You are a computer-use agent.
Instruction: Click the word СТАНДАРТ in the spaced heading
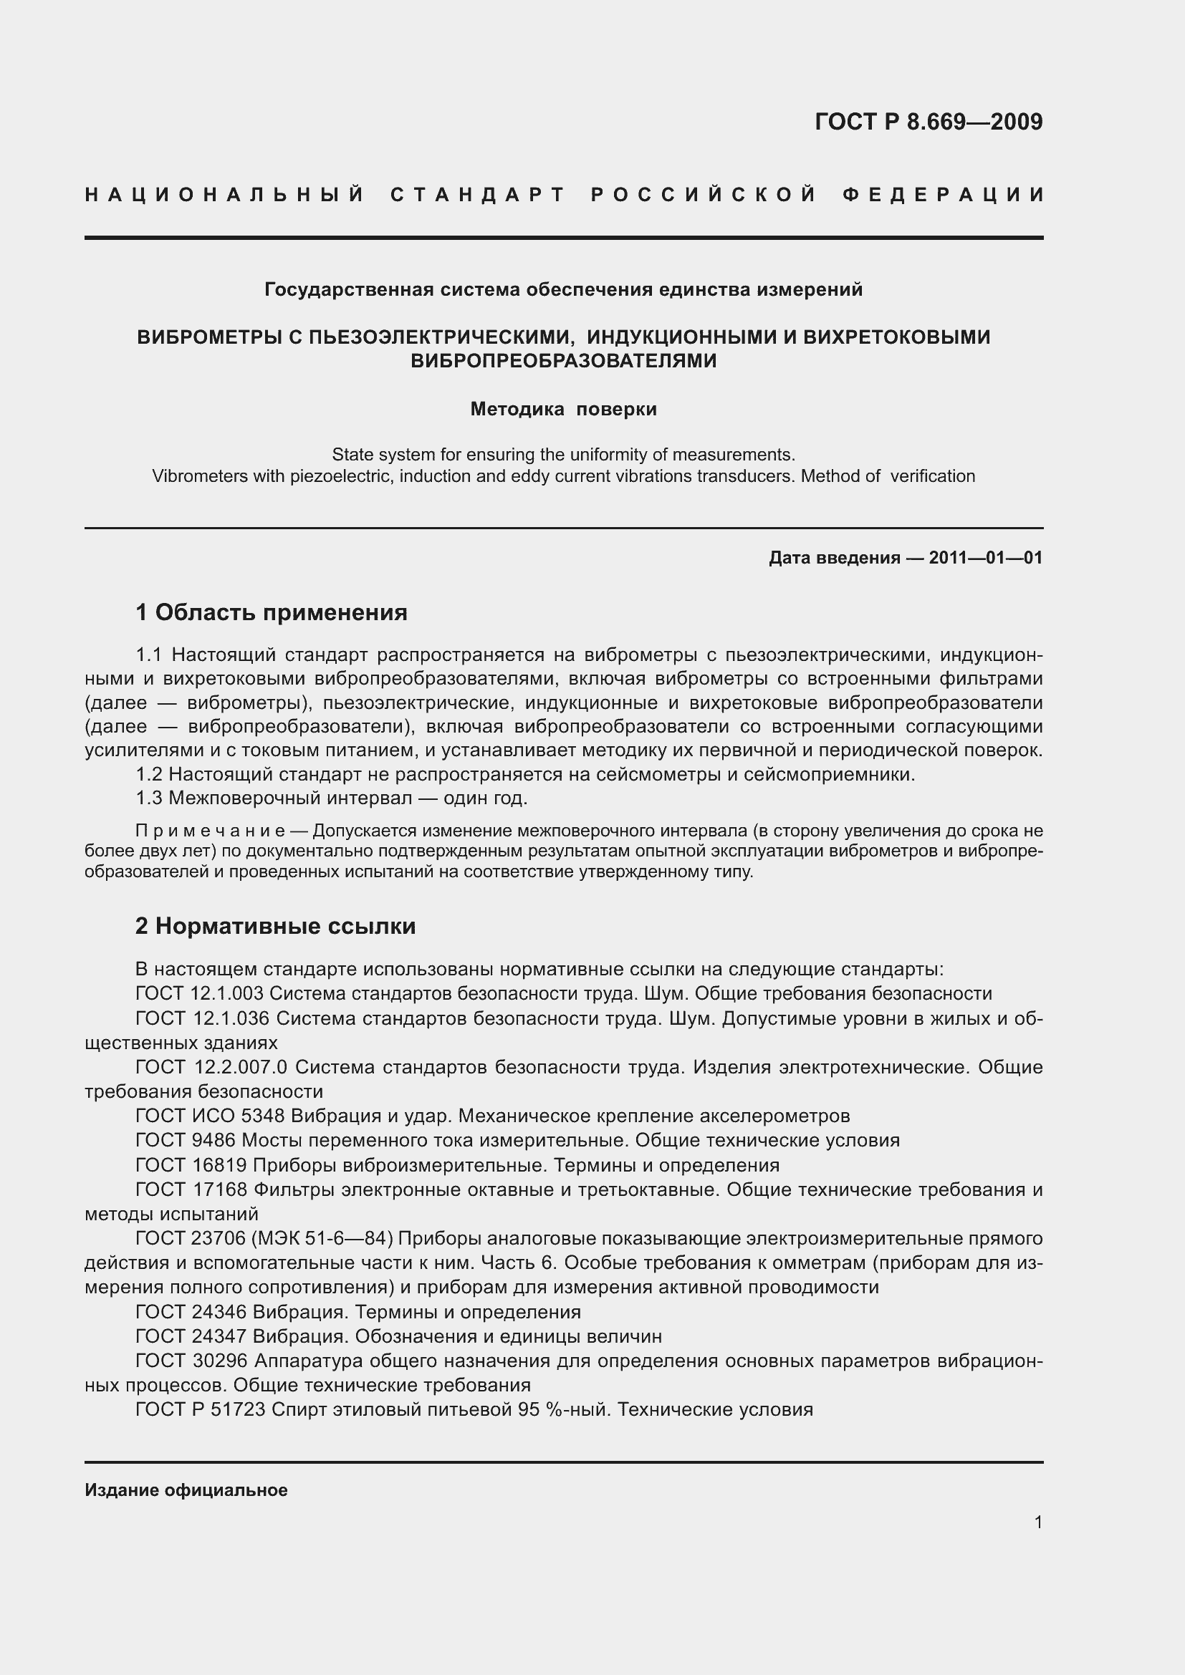pyautogui.click(x=478, y=195)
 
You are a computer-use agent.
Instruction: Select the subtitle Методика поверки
pyautogui.click(x=563, y=410)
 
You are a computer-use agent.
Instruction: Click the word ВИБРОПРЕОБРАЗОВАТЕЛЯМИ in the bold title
pyautogui.click(x=563, y=361)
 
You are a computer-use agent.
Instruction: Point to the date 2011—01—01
pyautogui.click(x=985, y=558)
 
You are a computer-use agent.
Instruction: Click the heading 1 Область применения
pyautogui.click(x=272, y=612)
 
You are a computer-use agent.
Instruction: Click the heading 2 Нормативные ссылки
pyautogui.click(x=275, y=926)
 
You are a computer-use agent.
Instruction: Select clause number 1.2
pyautogui.click(x=150, y=775)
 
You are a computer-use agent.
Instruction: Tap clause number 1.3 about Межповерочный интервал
pyautogui.click(x=150, y=798)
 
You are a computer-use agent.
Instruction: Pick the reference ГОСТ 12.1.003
pyautogui.click(x=202, y=994)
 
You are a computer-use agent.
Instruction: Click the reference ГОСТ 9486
pyautogui.click(x=186, y=1140)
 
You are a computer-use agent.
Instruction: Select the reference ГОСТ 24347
pyautogui.click(x=191, y=1336)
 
